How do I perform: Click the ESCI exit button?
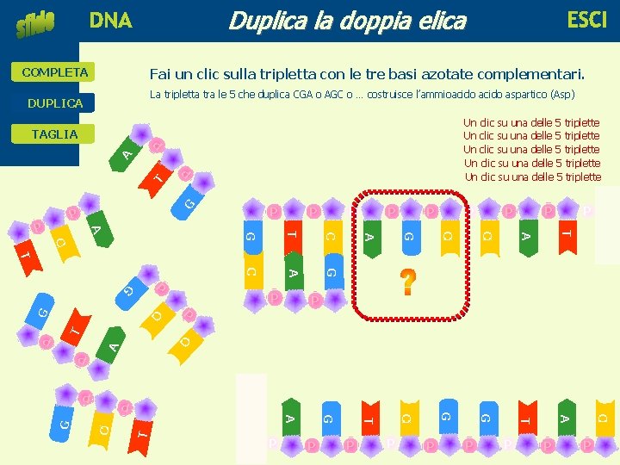coord(586,20)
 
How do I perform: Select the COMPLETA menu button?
coord(55,72)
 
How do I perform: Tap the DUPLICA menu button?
coord(55,103)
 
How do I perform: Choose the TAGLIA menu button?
coord(54,134)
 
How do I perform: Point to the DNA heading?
coord(111,20)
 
